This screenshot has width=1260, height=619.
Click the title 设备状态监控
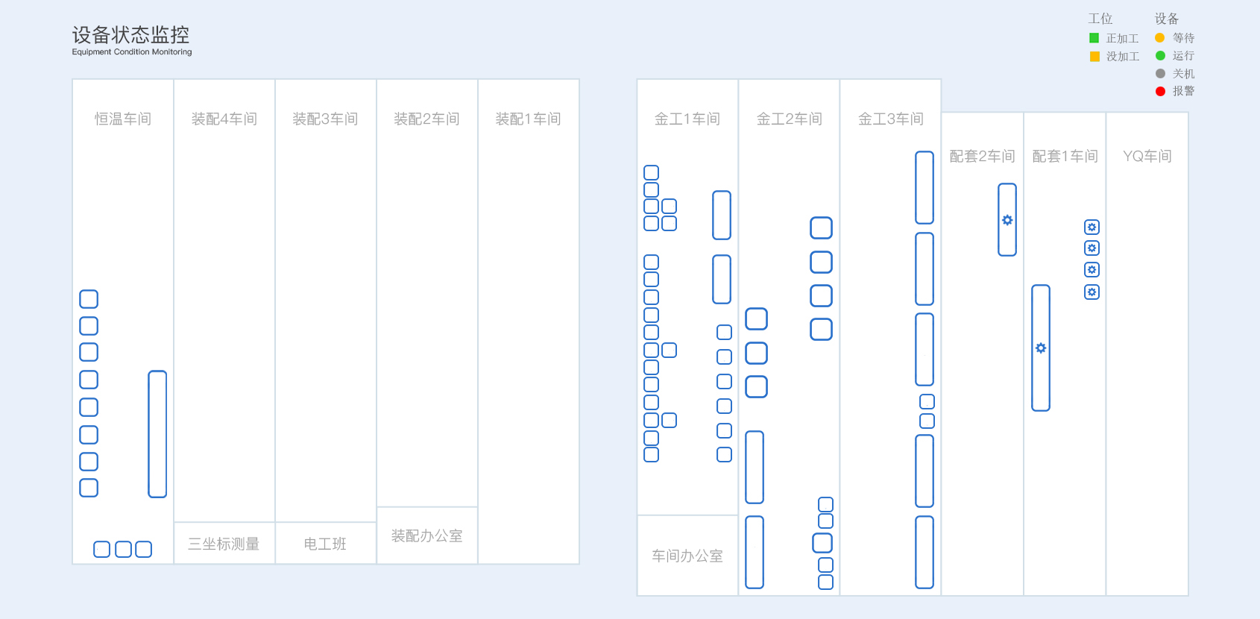130,35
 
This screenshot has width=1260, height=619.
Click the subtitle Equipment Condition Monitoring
132,51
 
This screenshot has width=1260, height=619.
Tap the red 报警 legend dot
1160,91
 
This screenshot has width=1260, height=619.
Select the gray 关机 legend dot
1160,74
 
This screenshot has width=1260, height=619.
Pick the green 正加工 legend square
1094,38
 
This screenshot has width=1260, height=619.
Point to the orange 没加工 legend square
1094,56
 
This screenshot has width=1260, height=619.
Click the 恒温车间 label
123,119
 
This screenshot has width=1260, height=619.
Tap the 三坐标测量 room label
224,544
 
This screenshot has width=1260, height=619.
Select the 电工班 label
325,544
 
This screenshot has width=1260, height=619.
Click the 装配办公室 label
427,535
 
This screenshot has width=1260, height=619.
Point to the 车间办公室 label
687,556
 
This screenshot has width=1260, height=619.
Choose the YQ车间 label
1147,156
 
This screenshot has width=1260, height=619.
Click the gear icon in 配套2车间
1007,220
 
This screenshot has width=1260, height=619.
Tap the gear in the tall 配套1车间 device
1041,348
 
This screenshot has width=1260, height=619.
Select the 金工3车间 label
890,119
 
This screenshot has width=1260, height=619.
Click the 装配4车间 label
224,119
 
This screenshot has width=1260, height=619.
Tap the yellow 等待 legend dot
1160,38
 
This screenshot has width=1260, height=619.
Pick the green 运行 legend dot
1160,56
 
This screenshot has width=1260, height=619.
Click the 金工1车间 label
687,119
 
